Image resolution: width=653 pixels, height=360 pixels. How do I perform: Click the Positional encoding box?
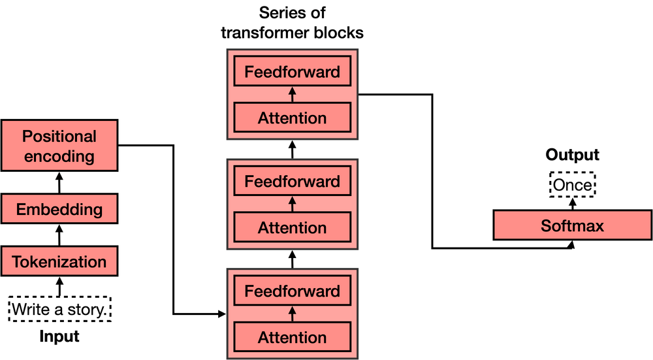pyautogui.click(x=59, y=146)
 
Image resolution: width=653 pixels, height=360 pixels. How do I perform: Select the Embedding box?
pyautogui.click(x=59, y=210)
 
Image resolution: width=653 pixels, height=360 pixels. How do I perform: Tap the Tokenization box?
pyautogui.click(x=59, y=261)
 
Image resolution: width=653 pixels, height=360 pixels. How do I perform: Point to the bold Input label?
pyautogui.click(x=59, y=336)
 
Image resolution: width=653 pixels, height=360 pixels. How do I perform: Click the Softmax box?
pyautogui.click(x=572, y=226)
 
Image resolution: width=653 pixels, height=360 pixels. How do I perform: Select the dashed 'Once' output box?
pyautogui.click(x=572, y=186)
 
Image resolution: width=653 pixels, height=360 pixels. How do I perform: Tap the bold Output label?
pyautogui.click(x=572, y=155)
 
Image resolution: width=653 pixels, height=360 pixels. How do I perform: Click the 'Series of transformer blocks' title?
pyautogui.click(x=292, y=23)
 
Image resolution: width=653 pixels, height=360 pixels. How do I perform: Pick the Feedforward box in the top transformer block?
pyautogui.click(x=292, y=72)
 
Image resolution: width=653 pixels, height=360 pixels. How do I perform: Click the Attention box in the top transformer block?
pyautogui.click(x=292, y=118)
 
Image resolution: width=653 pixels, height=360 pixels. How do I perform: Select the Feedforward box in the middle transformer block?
pyautogui.click(x=292, y=182)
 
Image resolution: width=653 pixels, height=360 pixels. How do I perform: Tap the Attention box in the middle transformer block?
pyautogui.click(x=292, y=228)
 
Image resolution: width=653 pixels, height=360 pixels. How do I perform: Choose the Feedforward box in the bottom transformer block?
pyautogui.click(x=292, y=291)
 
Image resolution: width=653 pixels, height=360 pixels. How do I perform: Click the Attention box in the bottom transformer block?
pyautogui.click(x=292, y=338)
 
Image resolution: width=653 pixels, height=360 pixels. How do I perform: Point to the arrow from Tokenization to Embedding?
pyautogui.click(x=59, y=235)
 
